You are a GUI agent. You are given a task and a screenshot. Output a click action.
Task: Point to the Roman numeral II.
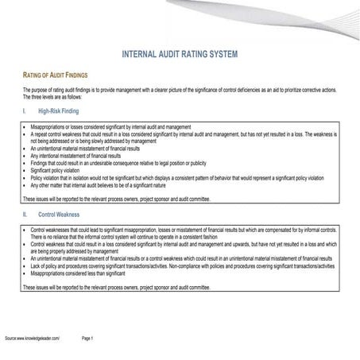pyautogui.click(x=25, y=214)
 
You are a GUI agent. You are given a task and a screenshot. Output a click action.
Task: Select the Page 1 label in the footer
pyautogui.click(x=88, y=338)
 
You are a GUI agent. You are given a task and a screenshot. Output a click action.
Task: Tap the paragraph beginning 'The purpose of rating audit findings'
pyautogui.click(x=179, y=94)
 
